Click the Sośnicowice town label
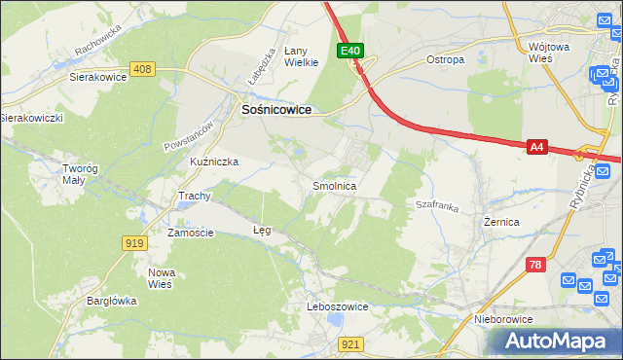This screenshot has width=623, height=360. pos(275,111)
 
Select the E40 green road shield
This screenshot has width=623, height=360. pos(351,51)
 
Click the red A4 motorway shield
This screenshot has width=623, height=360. pos(536,147)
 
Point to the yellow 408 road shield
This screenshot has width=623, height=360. pos(143,69)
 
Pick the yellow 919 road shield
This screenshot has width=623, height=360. pos(134,242)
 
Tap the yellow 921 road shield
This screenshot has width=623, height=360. pos(352,343)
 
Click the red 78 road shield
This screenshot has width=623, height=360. pos(535,265)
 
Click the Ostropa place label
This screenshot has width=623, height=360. pos(445,59)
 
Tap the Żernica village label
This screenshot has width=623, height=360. pos(501,222)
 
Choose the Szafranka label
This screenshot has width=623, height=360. pos(436,205)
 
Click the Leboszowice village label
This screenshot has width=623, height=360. pos(337,306)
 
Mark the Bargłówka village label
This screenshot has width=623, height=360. pos(109,301)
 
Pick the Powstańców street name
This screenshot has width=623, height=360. pos(187,133)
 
